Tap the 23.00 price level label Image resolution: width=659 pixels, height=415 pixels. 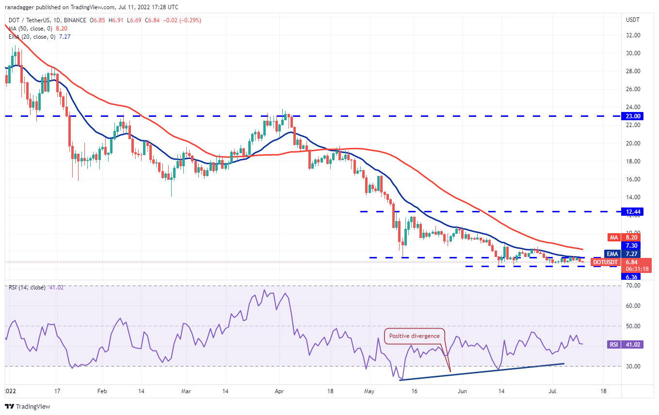point(632,116)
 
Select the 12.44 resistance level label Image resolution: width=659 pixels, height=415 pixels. point(632,211)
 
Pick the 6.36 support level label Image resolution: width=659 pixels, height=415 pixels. point(632,277)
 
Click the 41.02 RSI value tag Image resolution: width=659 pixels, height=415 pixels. point(632,345)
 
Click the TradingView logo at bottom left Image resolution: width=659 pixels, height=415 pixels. point(28,406)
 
